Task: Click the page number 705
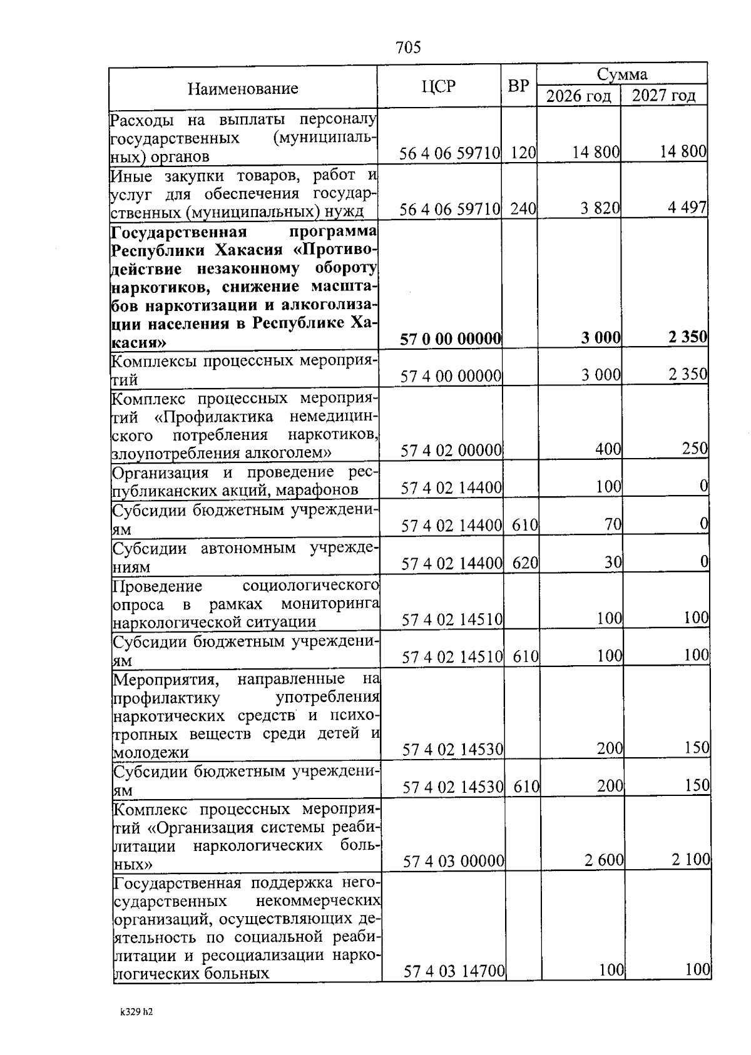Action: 408,48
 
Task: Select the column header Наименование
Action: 243,89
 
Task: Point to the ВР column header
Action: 518,86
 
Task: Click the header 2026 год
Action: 578,96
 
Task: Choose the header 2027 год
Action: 663,96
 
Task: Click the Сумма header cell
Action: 621,74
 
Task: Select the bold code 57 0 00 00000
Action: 451,339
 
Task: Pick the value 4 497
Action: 687,208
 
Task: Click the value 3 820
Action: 600,208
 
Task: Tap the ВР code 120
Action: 523,153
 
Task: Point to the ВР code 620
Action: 525,563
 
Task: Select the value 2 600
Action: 604,860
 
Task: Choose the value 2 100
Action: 691,860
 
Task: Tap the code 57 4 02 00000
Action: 451,450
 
